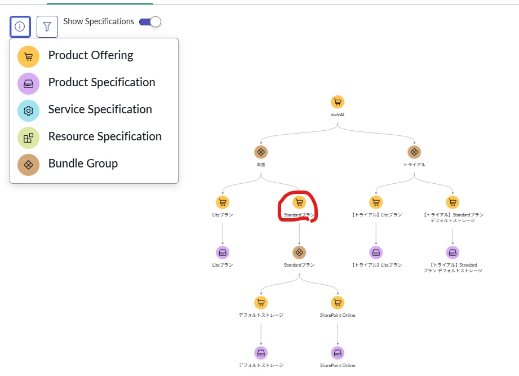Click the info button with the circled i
(20, 26)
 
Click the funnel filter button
(47, 26)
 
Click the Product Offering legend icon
(28, 55)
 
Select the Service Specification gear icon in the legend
(28, 110)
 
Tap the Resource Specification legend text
(105, 136)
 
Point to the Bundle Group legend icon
(28, 164)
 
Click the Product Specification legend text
(101, 82)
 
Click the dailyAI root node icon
(338, 102)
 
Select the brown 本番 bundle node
(260, 152)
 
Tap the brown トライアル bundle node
(414, 152)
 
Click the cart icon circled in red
(299, 202)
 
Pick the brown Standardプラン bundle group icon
(299, 252)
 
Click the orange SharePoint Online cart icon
(338, 303)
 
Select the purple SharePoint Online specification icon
(338, 353)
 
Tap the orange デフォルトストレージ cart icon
(261, 303)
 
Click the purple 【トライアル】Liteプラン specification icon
(376, 252)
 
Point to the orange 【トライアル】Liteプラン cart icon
(376, 202)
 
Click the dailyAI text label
(338, 114)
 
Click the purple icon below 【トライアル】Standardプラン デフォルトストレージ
(453, 252)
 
